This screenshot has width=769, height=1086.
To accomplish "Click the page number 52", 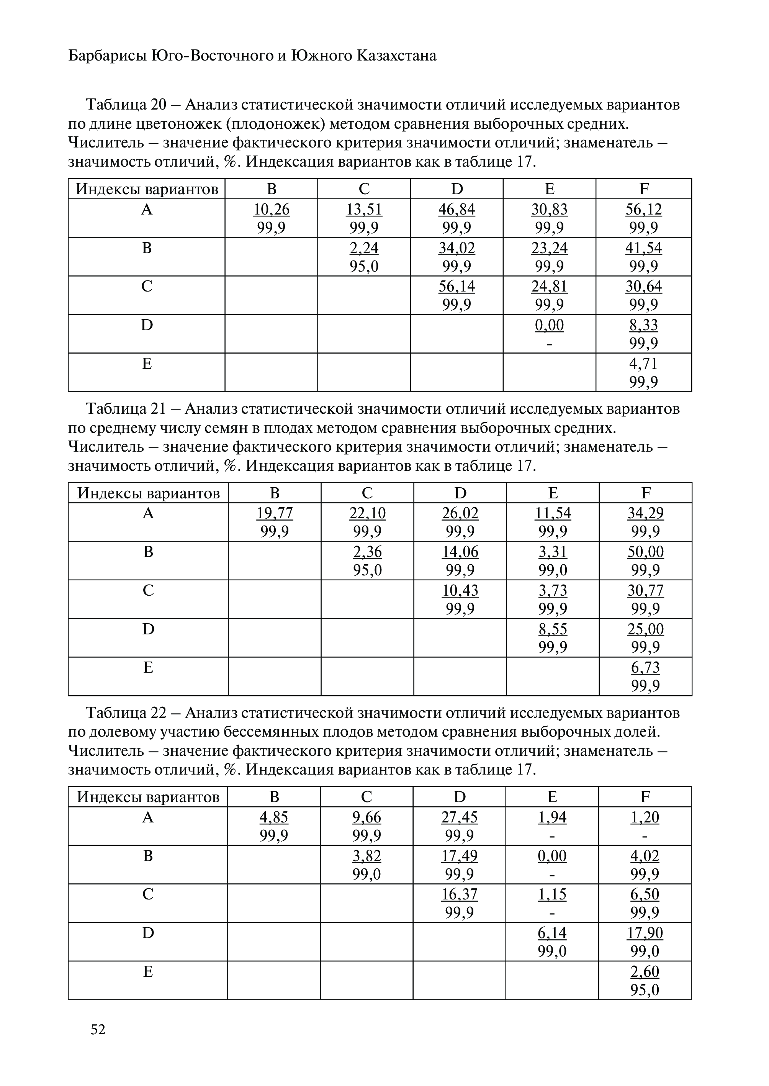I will click(98, 1029).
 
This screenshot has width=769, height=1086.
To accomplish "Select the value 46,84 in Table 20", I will click(456, 209).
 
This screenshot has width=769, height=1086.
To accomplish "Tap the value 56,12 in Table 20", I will click(643, 209).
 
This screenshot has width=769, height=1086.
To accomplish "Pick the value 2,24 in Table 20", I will click(364, 248).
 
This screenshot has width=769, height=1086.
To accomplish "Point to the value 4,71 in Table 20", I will click(643, 364).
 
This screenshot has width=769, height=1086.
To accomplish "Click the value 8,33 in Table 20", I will click(643, 325).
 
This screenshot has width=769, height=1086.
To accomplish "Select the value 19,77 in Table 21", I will click(275, 513).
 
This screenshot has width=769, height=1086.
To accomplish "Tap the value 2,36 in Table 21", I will click(367, 552).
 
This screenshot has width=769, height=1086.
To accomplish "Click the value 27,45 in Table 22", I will click(459, 817).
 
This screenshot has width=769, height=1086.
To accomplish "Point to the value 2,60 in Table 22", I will click(645, 971).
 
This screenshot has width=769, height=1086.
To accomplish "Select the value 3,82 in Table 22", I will click(367, 856).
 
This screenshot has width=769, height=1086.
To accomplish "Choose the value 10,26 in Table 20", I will click(271, 209).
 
